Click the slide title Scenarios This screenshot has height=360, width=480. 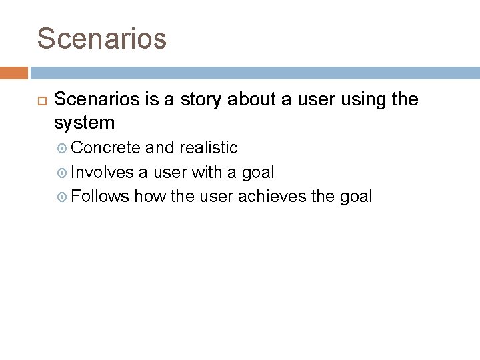101,38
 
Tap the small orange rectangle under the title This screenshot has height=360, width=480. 14,73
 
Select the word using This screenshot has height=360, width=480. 359,100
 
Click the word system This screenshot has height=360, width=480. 84,123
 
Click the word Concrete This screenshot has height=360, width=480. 105,147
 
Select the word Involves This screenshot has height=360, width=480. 103,172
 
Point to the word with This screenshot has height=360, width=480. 207,172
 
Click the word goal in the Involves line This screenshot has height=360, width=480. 257,172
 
